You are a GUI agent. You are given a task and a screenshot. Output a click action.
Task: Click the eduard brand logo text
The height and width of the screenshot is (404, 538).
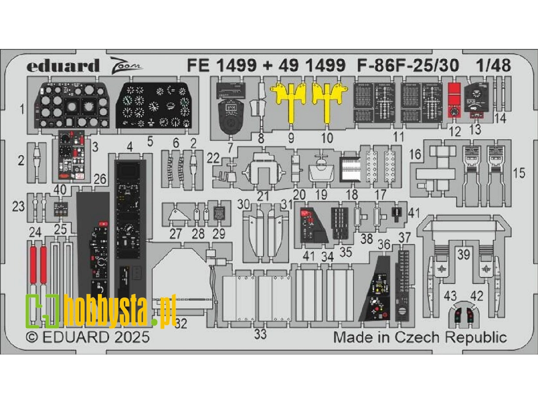63,66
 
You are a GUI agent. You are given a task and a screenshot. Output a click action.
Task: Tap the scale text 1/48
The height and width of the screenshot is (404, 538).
493,66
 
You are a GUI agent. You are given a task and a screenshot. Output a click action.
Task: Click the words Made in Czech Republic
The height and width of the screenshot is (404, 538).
420,337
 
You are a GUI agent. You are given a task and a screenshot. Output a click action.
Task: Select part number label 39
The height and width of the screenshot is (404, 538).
462,256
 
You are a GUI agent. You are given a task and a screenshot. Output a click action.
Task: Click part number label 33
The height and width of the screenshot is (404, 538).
260,333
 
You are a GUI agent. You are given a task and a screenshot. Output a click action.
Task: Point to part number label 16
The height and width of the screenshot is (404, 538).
416,155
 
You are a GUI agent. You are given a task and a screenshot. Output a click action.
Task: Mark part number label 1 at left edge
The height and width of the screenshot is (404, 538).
22,108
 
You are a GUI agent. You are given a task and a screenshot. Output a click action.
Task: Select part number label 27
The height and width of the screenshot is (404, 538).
175,234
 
